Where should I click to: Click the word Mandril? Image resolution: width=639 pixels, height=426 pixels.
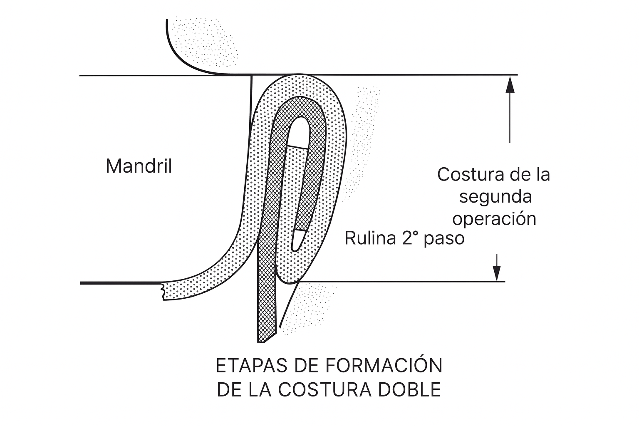tap(139, 166)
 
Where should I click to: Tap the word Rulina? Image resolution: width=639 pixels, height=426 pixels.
tap(370, 239)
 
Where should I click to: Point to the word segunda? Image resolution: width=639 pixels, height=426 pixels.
tap(495, 196)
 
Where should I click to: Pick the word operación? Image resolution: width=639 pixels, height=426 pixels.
tap(494, 218)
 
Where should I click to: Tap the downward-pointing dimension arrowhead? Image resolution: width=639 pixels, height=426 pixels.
tap(496, 274)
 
